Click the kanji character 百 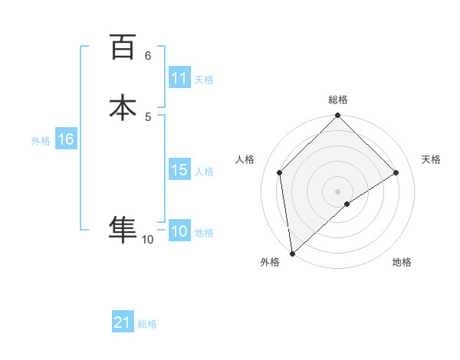pos(123,47)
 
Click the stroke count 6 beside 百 pos(147,56)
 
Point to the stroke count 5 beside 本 pos(148,116)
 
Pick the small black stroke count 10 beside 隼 pos(147,240)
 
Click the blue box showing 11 pos(179,78)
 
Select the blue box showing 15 pos(179,170)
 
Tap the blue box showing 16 pos(65,139)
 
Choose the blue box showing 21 pos(123,322)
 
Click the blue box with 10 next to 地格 pos(179,232)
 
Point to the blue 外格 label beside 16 pos(41,141)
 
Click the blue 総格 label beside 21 pos(147,324)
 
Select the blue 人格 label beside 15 pos(204,172)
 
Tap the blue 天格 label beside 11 pos(204,80)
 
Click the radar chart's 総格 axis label pos(338,100)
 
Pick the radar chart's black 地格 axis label pos(402,262)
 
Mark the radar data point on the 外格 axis pos(291,254)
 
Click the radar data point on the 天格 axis pos(396,172)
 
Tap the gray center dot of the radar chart pos(338,191)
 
